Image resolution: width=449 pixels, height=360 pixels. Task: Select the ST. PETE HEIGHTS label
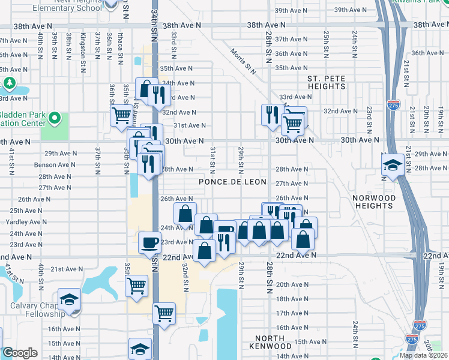point(326,83)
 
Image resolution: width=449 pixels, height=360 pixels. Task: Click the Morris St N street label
point(244,62)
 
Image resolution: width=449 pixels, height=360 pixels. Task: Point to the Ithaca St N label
point(121,49)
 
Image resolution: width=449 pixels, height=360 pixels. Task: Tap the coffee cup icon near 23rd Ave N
point(149,242)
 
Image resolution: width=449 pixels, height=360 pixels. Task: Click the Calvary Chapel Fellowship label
point(37,309)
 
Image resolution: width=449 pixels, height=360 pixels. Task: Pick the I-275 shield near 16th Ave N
point(412,326)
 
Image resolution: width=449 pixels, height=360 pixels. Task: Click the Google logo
point(20,353)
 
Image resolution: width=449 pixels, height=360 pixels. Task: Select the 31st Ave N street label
point(190,125)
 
